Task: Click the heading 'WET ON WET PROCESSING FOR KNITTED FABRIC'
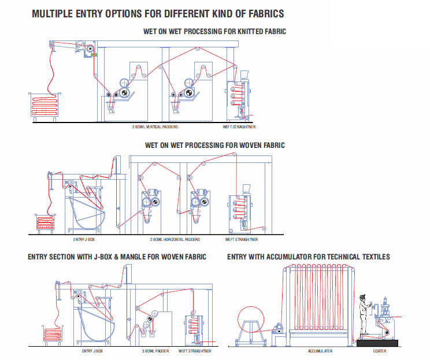point(214,31)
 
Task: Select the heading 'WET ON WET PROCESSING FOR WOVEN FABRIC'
point(214,145)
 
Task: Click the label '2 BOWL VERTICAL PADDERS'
point(155,125)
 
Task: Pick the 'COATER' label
point(379,351)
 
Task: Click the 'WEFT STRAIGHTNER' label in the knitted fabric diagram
point(239,125)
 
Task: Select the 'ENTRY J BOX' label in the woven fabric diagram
point(85,239)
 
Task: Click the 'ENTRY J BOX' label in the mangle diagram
point(92,351)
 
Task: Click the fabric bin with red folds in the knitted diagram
point(46,107)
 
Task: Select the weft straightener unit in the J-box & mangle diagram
point(195,329)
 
